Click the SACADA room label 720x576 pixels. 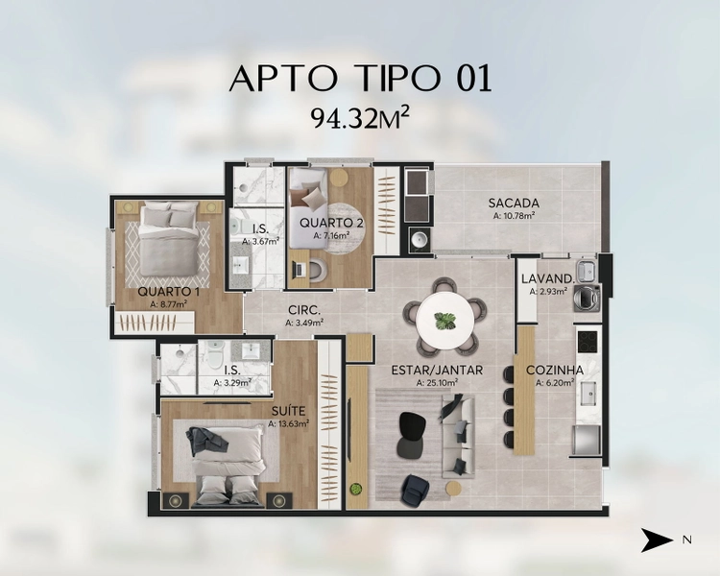[x=514, y=203]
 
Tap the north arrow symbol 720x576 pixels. [x=657, y=540]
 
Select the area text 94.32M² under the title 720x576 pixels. [x=360, y=118]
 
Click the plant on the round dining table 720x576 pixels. [x=444, y=320]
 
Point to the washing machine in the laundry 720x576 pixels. [x=587, y=298]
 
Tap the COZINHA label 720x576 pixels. [x=555, y=371]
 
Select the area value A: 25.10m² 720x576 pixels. [x=437, y=383]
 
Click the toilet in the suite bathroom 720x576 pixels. [x=214, y=354]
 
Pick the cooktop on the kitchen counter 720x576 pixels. [x=587, y=342]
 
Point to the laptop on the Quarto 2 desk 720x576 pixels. [x=298, y=269]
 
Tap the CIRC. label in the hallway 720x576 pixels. [x=304, y=310]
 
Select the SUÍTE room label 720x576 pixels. [x=288, y=411]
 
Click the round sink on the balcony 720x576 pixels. [x=419, y=239]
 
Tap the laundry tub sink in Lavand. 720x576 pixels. [x=586, y=271]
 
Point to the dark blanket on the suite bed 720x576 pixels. [x=207, y=441]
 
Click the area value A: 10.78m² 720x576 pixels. [x=514, y=215]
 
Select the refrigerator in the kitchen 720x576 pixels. [x=587, y=440]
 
